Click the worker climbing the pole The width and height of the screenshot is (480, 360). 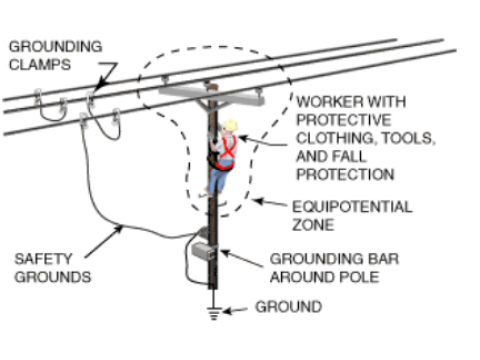pos(223,155)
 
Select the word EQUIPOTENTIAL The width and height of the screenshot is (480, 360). pos(338,207)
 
